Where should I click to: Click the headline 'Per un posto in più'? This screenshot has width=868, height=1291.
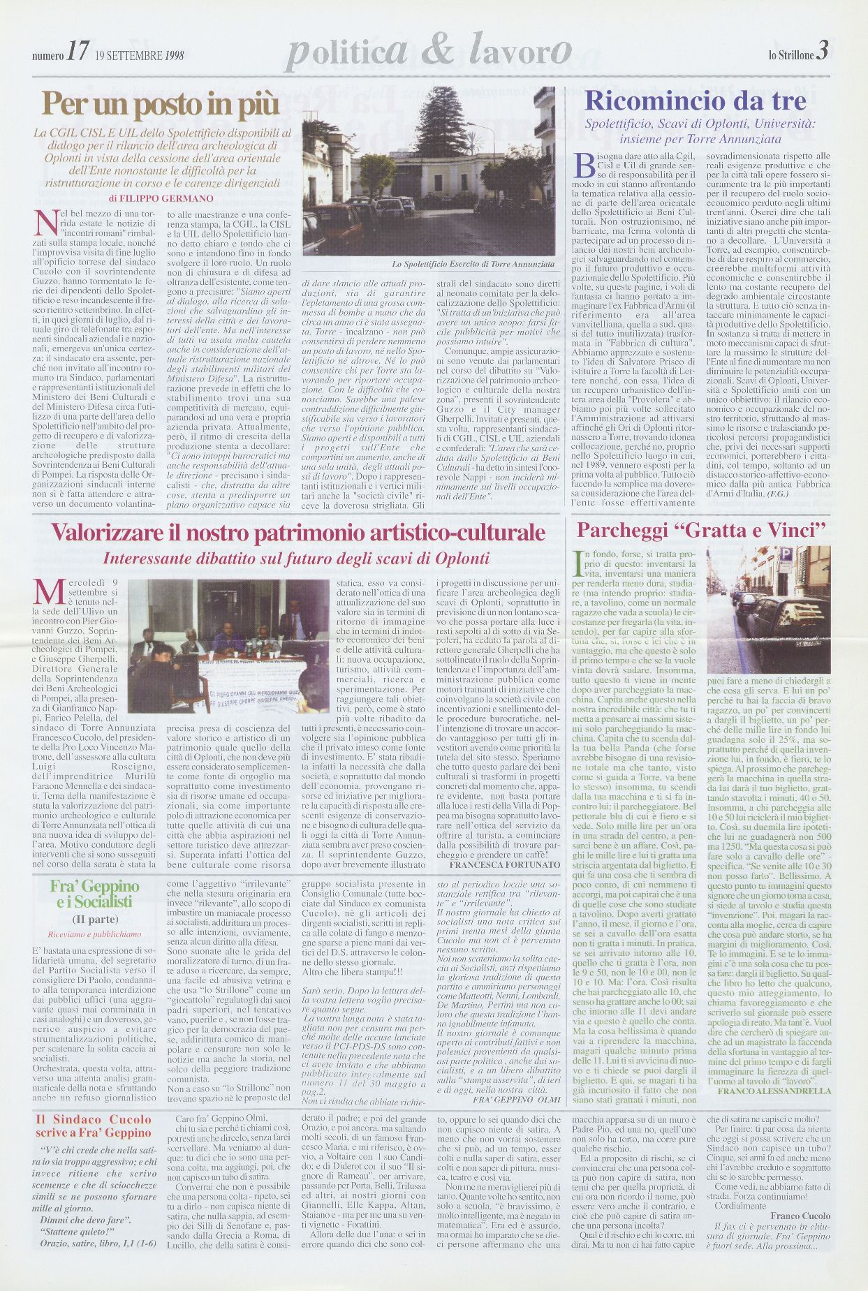tap(160, 105)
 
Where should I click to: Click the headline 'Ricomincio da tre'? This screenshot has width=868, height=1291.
tap(695, 101)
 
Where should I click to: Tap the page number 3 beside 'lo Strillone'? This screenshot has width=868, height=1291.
tap(822, 51)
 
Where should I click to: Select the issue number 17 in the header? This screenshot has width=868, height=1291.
tap(78, 52)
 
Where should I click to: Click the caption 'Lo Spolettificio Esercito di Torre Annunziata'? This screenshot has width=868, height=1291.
tap(473, 265)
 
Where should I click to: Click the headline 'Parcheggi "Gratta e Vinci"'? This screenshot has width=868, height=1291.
tap(701, 531)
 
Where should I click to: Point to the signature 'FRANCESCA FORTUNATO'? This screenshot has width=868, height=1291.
tap(504, 864)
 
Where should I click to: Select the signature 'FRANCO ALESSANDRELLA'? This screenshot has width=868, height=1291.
tap(774, 1091)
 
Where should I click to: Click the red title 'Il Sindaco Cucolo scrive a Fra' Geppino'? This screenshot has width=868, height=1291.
tap(93, 1126)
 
